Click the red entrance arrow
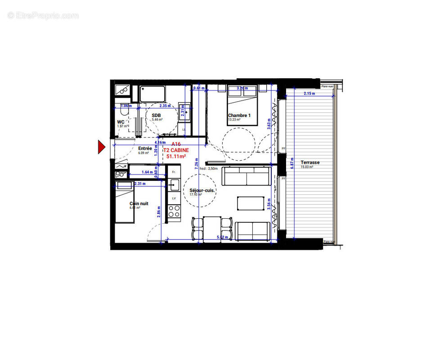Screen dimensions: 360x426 (x=101, y=147)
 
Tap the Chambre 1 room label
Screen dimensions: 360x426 (x=239, y=116)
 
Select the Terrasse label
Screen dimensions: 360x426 (x=310, y=162)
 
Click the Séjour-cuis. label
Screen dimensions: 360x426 (x=202, y=190)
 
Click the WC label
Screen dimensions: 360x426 (x=121, y=122)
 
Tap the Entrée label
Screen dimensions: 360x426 (x=144, y=148)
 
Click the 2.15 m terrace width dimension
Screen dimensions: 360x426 (x=309, y=94)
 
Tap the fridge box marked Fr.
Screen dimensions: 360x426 (x=173, y=171)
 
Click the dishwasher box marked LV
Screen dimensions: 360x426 (x=174, y=198)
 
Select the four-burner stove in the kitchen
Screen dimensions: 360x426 (x=174, y=211)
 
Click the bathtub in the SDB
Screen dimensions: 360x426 (x=152, y=94)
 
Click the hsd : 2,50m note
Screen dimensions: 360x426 (x=209, y=168)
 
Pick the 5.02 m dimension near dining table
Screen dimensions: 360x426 (x=222, y=237)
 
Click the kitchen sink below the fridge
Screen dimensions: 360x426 (x=174, y=184)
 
